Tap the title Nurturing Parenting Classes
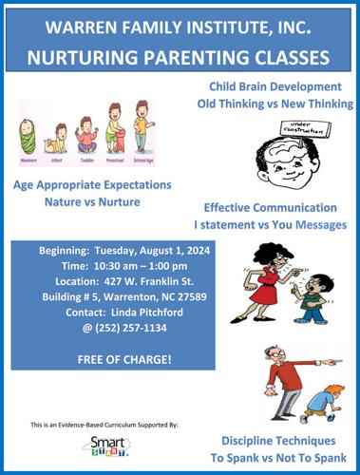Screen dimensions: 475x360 pyautogui.click(x=180, y=56)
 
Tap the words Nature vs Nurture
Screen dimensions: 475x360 pyautogui.click(x=89, y=202)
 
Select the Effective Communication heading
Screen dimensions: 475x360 pyautogui.click(x=271, y=207)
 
